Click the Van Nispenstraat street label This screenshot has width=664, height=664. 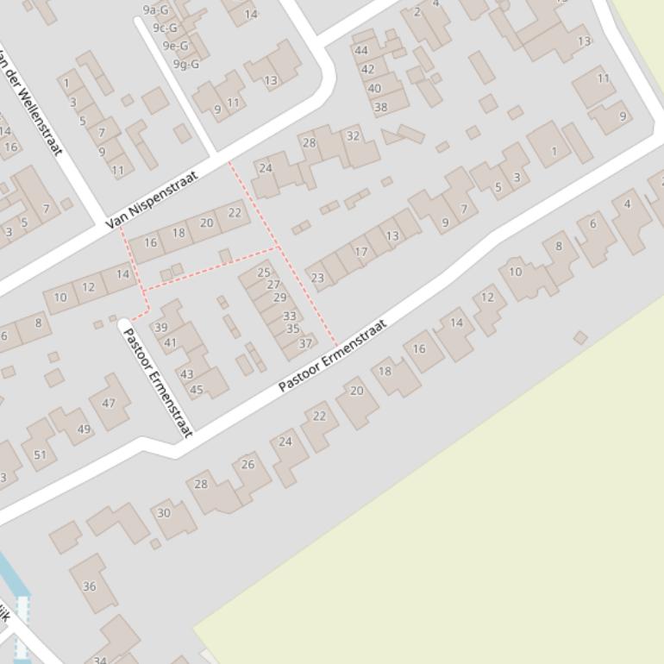[152, 199]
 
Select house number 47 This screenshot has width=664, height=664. [109, 403]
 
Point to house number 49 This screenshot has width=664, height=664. [84, 429]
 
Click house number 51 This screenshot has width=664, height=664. [41, 455]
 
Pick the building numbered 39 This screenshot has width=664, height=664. [160, 328]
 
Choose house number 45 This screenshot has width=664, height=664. [197, 390]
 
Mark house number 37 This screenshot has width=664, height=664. [305, 343]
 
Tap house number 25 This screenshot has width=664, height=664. [264, 272]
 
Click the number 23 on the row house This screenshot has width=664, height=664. [317, 278]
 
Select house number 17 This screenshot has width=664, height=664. [361, 252]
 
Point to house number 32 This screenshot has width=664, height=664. [353, 136]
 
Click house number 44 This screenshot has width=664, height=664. [361, 51]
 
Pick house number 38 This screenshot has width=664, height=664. [380, 108]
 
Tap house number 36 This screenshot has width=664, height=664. [90, 586]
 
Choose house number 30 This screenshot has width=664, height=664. [163, 513]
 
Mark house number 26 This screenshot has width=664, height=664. [248, 465]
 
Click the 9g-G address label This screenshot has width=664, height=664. [186, 64]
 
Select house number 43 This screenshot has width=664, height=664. [186, 374]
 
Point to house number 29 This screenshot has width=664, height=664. [279, 298]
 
